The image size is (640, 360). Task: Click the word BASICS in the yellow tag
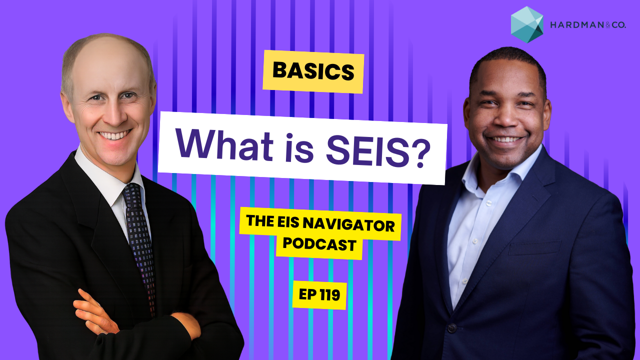tap(313, 71)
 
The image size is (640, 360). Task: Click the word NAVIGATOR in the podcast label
tap(348, 225)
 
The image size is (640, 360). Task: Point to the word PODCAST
tap(319, 244)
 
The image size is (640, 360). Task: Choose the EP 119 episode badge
tap(319, 295)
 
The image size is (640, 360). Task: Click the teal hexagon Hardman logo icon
tap(527, 24)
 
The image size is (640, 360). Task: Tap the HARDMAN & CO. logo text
tap(588, 25)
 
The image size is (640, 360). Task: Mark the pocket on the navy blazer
tap(534, 247)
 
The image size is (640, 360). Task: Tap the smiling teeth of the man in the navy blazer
tap(505, 139)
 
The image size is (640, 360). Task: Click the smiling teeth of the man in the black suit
tap(115, 135)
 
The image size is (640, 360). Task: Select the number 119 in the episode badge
tap(328, 295)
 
